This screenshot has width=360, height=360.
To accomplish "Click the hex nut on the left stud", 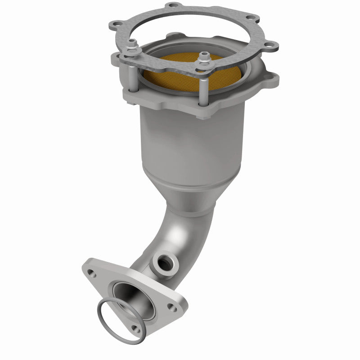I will click(x=134, y=44).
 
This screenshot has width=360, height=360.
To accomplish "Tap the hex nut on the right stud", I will click(x=202, y=58).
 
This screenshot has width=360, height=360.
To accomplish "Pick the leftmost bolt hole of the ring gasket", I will click(x=116, y=24).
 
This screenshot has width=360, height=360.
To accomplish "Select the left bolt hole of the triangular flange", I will click(x=91, y=272).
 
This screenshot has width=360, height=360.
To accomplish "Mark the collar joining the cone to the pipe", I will click(x=191, y=208).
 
